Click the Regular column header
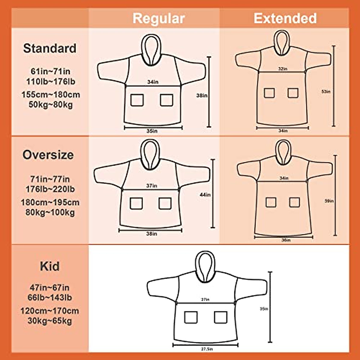click(158, 18)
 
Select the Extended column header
click(285, 18)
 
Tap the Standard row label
click(50, 48)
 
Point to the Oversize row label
click(48, 155)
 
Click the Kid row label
click(50, 266)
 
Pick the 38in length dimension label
click(202, 96)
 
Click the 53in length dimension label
click(326, 91)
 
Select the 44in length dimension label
click(205, 195)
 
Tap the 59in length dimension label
click(329, 201)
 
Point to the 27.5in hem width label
click(207, 349)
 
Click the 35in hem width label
click(152, 131)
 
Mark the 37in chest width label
click(151, 186)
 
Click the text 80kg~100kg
click(50, 212)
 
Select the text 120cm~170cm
click(50, 310)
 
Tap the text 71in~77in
click(50, 179)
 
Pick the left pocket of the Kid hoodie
click(191, 317)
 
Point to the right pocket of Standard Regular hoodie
click(166, 100)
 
